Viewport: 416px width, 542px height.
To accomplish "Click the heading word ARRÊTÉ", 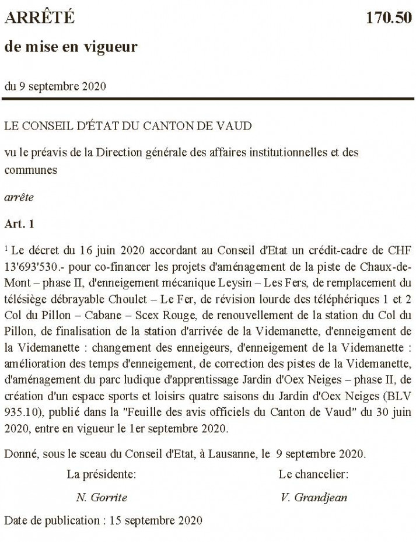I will point(40,18).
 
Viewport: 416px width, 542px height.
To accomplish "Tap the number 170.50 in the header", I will point(389,18).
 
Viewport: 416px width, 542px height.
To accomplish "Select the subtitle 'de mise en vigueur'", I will point(71,46).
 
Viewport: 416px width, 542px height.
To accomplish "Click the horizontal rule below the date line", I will point(208,99).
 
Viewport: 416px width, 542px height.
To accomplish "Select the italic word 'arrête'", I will point(19,197).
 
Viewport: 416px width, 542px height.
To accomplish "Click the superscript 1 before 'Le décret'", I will point(6,249).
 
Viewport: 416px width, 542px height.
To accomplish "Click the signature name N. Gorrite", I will point(102,498).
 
